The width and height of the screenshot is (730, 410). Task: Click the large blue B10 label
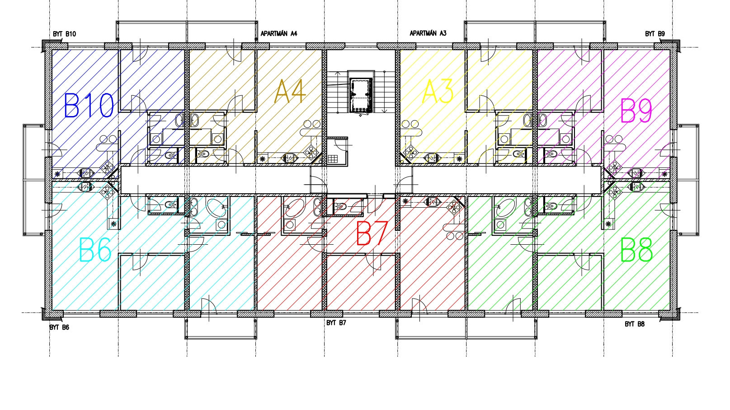pyautogui.click(x=89, y=105)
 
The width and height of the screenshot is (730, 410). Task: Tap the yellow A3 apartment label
pyautogui.click(x=438, y=91)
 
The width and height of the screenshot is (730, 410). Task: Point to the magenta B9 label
pyautogui.click(x=636, y=110)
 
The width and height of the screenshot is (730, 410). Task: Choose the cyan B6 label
pyautogui.click(x=95, y=250)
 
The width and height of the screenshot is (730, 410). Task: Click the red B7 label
pyautogui.click(x=372, y=233)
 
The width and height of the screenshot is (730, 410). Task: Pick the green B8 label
pyautogui.click(x=636, y=250)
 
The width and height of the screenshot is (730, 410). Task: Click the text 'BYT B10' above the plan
pyautogui.click(x=64, y=34)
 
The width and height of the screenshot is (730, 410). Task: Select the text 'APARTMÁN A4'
pyautogui.click(x=279, y=33)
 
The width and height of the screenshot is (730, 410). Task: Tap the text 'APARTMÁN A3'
pyautogui.click(x=428, y=33)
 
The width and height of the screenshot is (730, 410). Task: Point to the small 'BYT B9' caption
pyautogui.click(x=655, y=34)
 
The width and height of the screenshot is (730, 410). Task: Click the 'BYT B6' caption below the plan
pyautogui.click(x=59, y=327)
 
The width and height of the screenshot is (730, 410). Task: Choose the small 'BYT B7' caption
pyautogui.click(x=336, y=323)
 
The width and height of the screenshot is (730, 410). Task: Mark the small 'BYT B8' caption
pyautogui.click(x=635, y=324)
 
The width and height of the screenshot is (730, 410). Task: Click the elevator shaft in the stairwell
pyautogui.click(x=360, y=95)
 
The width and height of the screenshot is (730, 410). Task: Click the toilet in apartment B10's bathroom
pyautogui.click(x=169, y=156)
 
